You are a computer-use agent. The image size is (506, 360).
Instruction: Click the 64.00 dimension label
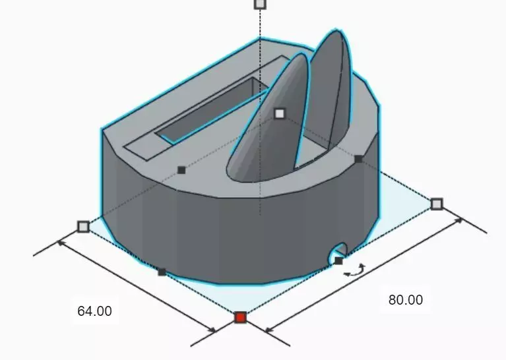point(94,311)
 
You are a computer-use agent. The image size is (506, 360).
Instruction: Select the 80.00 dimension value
point(405,299)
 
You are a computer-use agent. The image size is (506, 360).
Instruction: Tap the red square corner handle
point(240,318)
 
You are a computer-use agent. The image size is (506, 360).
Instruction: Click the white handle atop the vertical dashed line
point(260,4)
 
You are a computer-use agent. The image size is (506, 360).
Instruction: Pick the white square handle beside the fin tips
point(280,113)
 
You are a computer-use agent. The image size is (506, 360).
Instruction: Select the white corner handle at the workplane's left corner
point(83,227)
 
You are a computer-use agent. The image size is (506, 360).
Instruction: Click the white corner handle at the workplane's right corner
point(437,204)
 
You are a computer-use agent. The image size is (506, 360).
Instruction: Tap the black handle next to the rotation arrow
point(338,261)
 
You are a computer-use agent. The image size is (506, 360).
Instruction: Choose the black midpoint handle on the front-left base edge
point(162,272)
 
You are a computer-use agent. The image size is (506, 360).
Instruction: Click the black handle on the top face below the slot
point(181,170)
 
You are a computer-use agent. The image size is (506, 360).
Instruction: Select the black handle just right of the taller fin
point(358,159)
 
